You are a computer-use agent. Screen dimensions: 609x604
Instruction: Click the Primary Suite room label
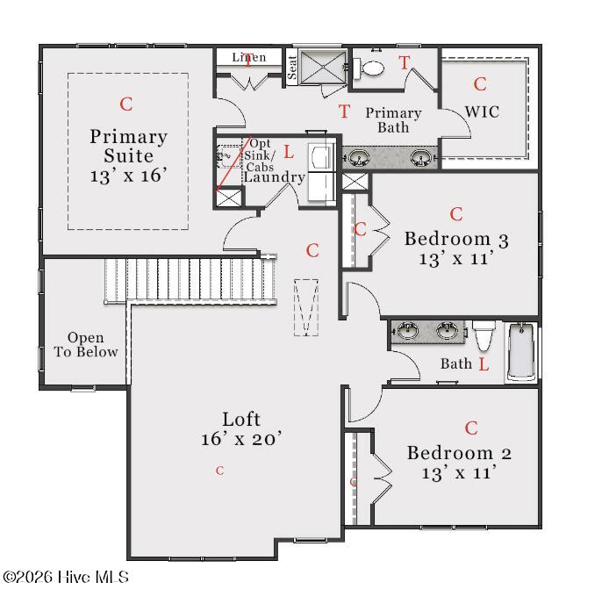129,155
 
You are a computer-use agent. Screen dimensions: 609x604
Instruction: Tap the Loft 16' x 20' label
241,428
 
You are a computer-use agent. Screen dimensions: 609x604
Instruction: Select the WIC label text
482,112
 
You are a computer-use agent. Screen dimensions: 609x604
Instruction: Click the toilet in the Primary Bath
369,68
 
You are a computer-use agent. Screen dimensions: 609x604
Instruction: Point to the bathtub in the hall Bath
521,352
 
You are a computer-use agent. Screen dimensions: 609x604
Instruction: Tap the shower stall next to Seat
323,67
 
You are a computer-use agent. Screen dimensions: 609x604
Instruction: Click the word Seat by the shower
291,68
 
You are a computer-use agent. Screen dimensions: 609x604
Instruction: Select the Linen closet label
249,58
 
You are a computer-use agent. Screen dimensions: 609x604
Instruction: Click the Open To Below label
86,345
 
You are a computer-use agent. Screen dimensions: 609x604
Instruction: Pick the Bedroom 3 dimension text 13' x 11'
456,259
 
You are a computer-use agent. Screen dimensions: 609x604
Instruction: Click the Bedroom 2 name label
459,453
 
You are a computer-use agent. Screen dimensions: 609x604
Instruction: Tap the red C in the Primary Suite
126,104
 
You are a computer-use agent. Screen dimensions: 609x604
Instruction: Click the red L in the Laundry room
289,152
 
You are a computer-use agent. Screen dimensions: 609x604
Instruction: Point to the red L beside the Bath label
484,364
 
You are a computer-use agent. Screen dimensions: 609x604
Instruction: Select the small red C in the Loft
220,471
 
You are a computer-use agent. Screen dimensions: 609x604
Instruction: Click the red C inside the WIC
480,84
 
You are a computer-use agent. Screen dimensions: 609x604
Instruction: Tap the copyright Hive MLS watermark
66,577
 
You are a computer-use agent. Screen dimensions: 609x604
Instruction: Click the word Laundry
274,177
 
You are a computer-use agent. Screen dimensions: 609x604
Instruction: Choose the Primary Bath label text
393,120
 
